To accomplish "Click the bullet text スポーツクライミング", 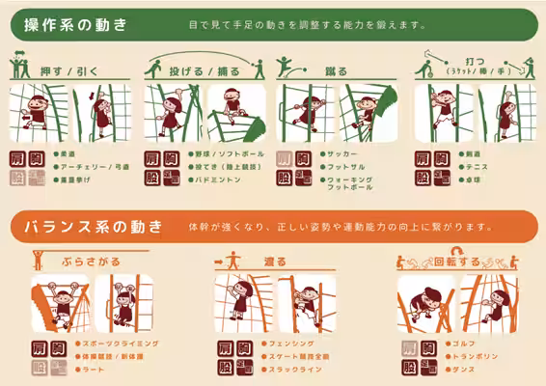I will click(x=121, y=344).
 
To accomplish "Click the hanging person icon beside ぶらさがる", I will click(x=39, y=260).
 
